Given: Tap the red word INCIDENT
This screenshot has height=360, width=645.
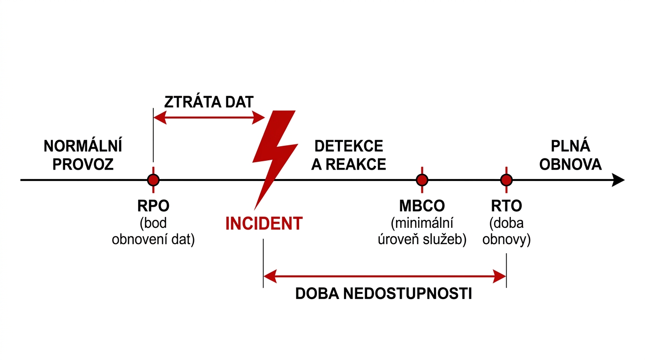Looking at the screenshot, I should [264, 224].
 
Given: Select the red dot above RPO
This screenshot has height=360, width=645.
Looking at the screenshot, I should [153, 180].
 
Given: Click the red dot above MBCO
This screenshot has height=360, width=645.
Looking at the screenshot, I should [422, 180].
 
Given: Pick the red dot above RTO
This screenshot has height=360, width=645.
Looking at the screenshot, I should [506, 180].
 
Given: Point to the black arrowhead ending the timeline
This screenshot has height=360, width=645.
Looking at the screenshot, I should [619, 180].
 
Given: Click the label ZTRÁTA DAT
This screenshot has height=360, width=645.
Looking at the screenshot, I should [209, 102].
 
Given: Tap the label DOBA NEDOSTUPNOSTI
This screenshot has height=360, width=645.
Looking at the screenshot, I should [383, 294].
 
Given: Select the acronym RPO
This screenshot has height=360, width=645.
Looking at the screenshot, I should [153, 206].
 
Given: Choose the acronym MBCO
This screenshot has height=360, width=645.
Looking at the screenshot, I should [422, 206].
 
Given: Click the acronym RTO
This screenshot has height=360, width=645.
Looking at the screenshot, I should [506, 206].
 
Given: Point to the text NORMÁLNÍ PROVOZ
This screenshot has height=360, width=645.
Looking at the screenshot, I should [83, 155].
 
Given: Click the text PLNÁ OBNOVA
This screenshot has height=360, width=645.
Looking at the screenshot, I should [570, 155].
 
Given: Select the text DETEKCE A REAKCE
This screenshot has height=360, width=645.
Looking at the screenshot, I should [349, 155].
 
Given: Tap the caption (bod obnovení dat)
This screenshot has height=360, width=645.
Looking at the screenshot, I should [153, 231].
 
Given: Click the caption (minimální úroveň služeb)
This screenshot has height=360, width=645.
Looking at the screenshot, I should [422, 231].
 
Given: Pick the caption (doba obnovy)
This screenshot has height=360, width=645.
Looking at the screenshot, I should [506, 231].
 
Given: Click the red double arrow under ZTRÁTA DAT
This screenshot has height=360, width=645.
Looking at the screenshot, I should [209, 117].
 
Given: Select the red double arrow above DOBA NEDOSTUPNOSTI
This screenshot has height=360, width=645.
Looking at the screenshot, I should [384, 277].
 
